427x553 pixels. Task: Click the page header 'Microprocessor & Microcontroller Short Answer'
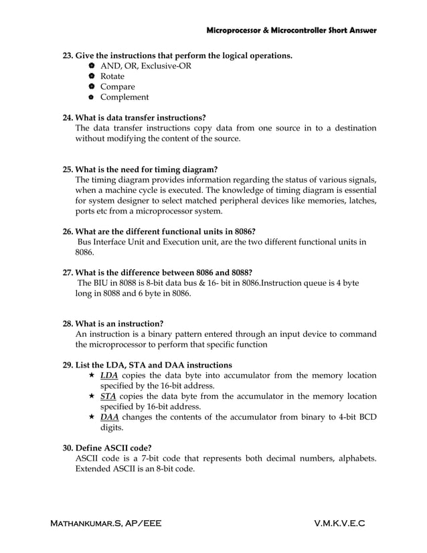coord(291,31)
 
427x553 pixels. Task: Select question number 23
coord(68,55)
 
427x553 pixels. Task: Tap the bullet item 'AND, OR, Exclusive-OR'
coord(145,66)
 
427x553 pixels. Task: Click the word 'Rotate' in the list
coord(112,76)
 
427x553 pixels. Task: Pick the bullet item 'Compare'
coord(117,87)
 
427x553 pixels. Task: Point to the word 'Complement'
coord(124,98)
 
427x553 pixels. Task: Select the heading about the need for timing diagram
coord(147,169)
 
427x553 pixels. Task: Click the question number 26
coord(68,231)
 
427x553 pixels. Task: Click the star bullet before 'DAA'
coord(92,417)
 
